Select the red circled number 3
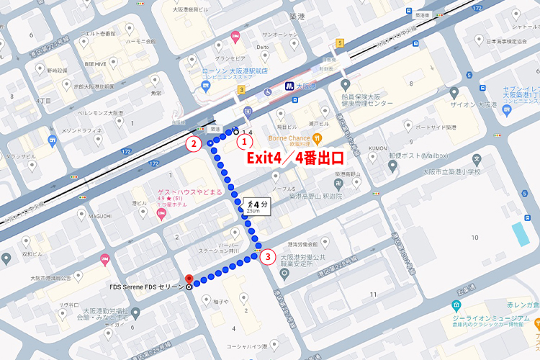coord(268,255)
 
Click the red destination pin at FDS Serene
coord(189,279)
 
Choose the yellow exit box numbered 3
coord(242,89)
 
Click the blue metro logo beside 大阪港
coord(287,85)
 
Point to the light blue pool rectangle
coord(518,233)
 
